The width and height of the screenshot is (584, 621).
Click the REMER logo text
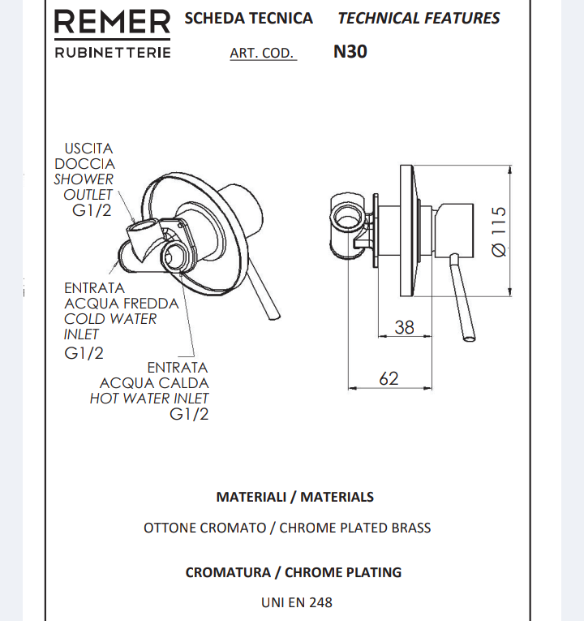[112, 23]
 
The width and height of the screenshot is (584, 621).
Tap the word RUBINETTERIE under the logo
[112, 53]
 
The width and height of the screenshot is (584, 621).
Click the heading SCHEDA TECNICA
[248, 18]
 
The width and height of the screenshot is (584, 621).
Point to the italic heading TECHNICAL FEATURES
[419, 18]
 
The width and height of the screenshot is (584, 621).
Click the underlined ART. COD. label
[262, 54]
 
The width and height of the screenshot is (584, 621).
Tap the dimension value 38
[403, 327]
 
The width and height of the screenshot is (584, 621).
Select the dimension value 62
[389, 378]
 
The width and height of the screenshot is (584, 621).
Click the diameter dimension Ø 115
[500, 231]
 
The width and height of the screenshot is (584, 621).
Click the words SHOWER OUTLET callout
[84, 188]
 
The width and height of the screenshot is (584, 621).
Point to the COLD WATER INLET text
[110, 326]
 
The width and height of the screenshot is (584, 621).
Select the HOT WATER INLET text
[149, 399]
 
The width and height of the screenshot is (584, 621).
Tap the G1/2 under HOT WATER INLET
[189, 415]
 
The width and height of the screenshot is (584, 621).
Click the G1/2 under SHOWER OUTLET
[92, 211]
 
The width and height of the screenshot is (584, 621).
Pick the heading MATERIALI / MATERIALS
[294, 497]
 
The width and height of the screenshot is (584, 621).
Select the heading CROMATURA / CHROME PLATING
[293, 572]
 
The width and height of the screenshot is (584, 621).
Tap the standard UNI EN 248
[296, 602]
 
